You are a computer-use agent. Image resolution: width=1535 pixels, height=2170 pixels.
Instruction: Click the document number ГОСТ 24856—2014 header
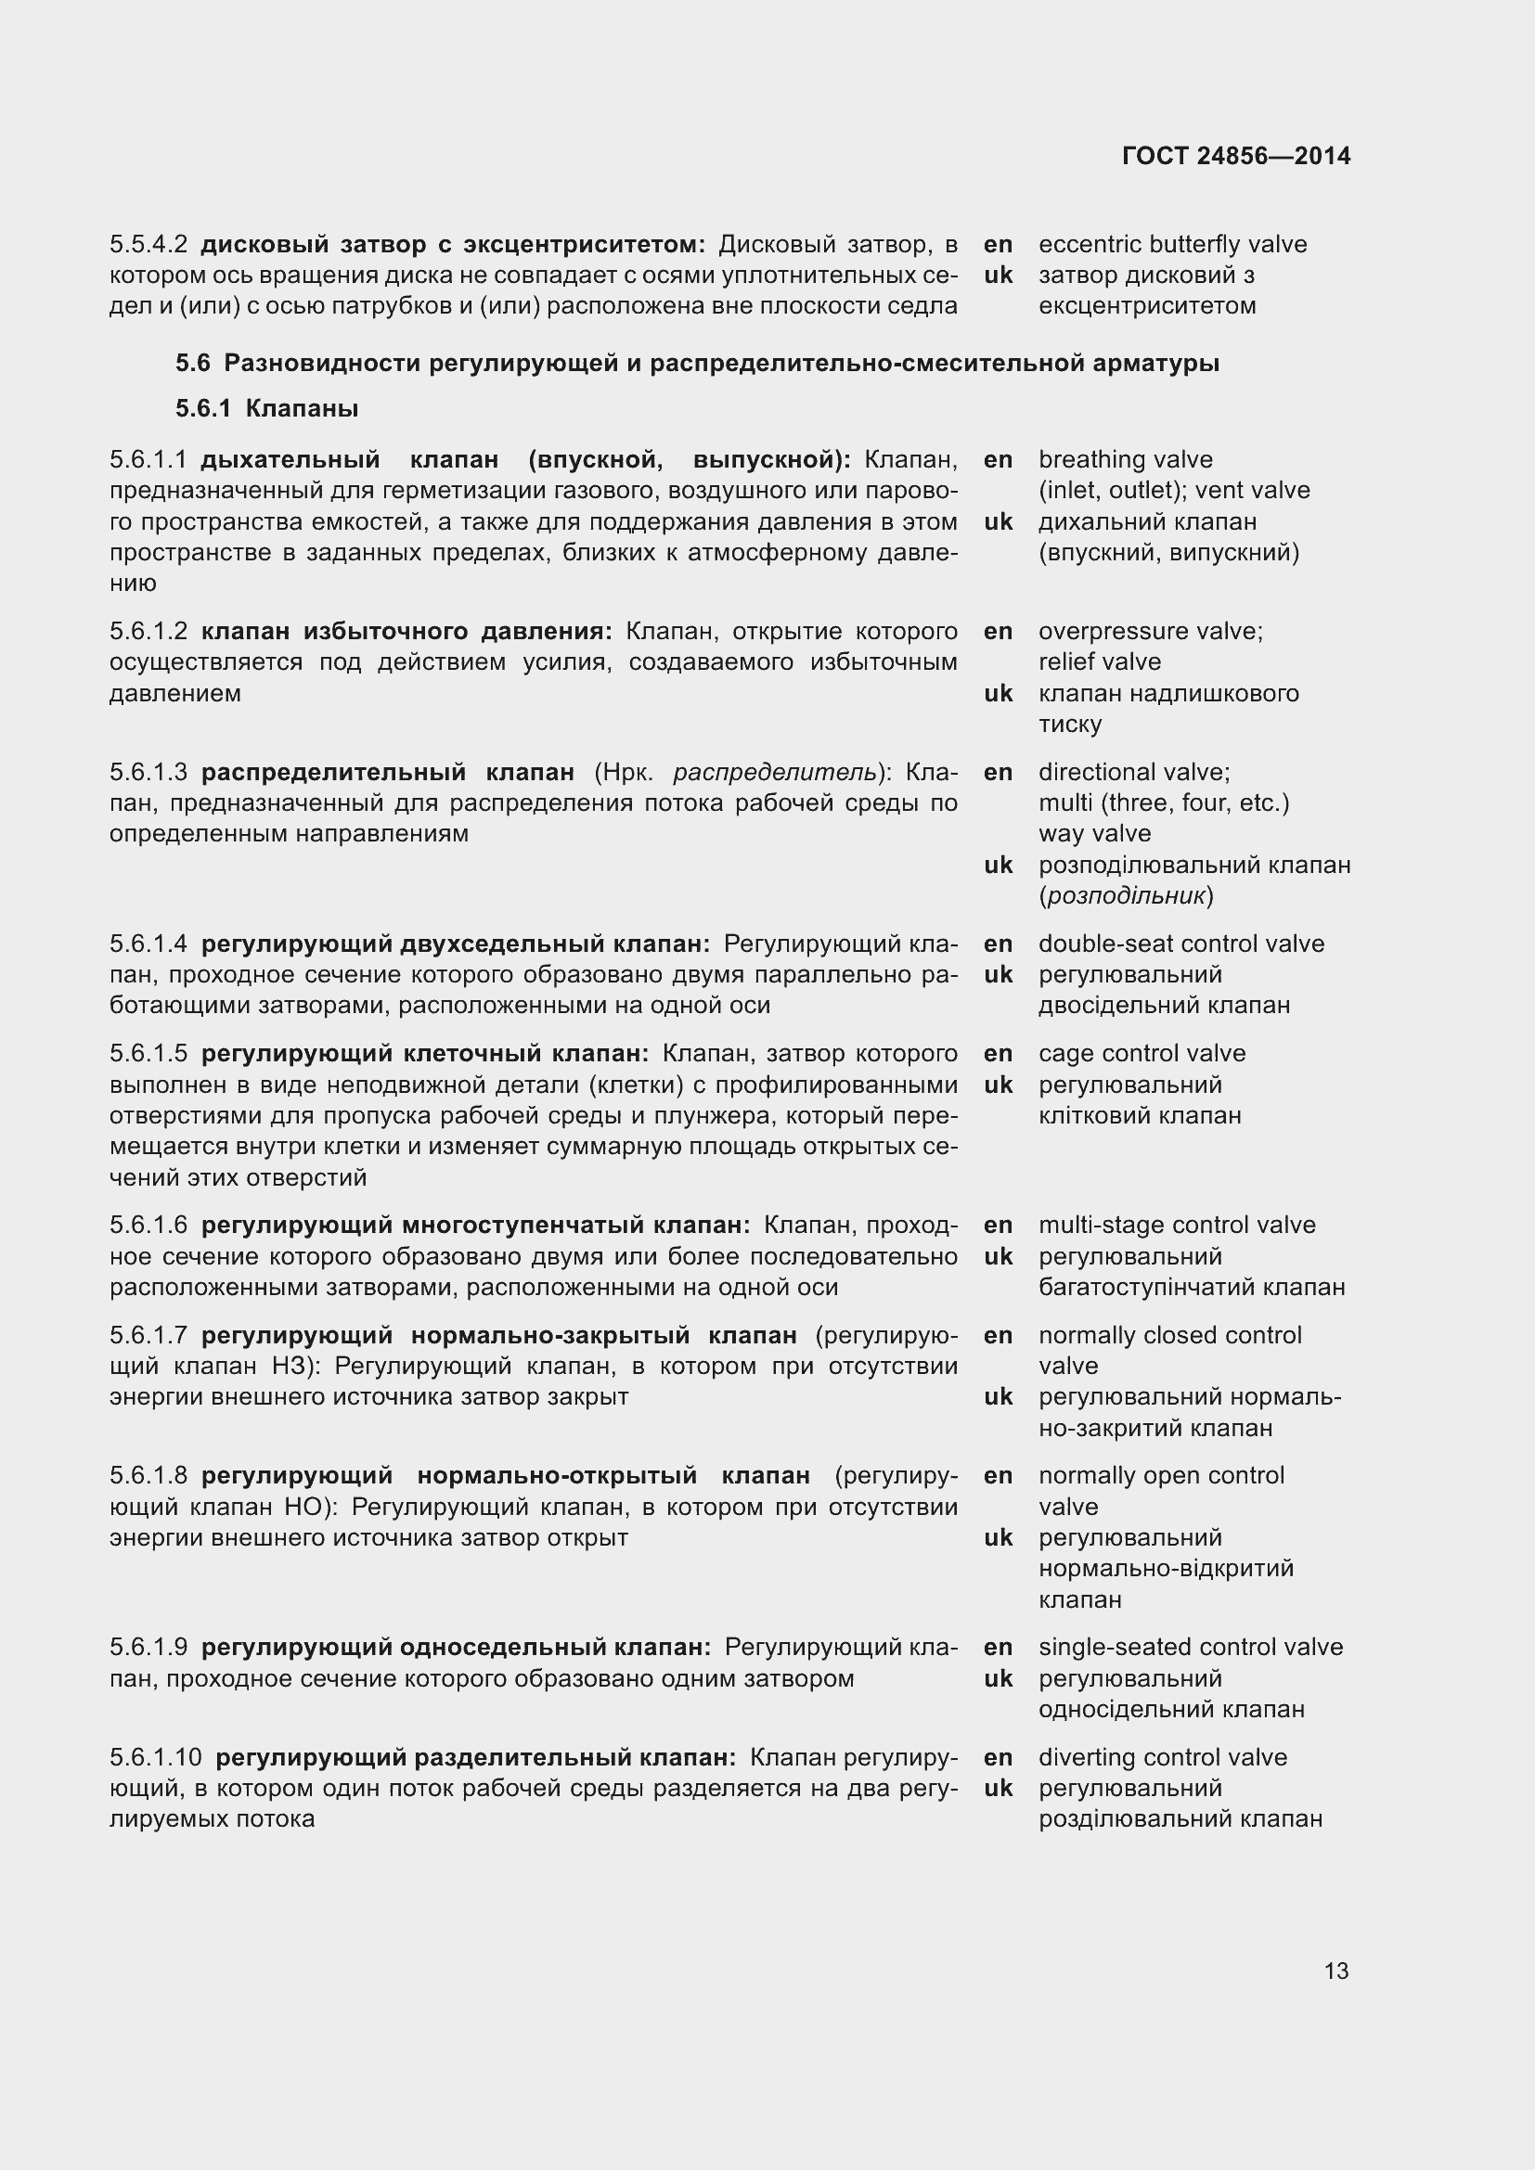pos(1236,156)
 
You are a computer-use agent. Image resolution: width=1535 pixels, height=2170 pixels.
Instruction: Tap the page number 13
pos(1335,1971)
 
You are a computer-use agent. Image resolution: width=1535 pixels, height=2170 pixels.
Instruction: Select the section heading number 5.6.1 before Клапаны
pos(202,409)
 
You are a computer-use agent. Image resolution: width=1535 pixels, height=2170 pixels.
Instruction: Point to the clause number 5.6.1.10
pos(155,1758)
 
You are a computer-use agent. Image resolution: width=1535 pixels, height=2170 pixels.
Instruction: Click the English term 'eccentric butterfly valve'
pos(1172,245)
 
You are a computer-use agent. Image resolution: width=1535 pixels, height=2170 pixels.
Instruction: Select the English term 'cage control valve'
pos(1142,1054)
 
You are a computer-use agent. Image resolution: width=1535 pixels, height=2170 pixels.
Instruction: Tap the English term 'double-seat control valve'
pos(1181,944)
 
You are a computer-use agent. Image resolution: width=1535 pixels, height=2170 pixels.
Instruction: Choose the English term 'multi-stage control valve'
pos(1177,1226)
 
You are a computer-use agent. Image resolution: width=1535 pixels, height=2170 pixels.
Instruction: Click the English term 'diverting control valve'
pos(1163,1758)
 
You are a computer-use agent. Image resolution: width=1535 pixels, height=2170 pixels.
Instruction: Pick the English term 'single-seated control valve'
pos(1190,1648)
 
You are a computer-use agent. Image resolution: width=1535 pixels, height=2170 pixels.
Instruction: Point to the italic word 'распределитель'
pos(775,773)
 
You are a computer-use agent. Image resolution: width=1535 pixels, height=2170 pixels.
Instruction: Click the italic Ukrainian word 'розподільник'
pos(1126,896)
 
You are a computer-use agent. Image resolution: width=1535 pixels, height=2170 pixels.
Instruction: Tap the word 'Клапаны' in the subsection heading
pos(302,409)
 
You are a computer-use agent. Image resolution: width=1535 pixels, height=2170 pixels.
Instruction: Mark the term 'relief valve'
pos(1099,662)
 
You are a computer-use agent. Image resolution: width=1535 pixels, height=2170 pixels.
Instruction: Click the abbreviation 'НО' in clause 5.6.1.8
pos(304,1507)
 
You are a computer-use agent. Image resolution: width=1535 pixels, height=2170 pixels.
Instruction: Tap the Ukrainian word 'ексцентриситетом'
pos(1146,306)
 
